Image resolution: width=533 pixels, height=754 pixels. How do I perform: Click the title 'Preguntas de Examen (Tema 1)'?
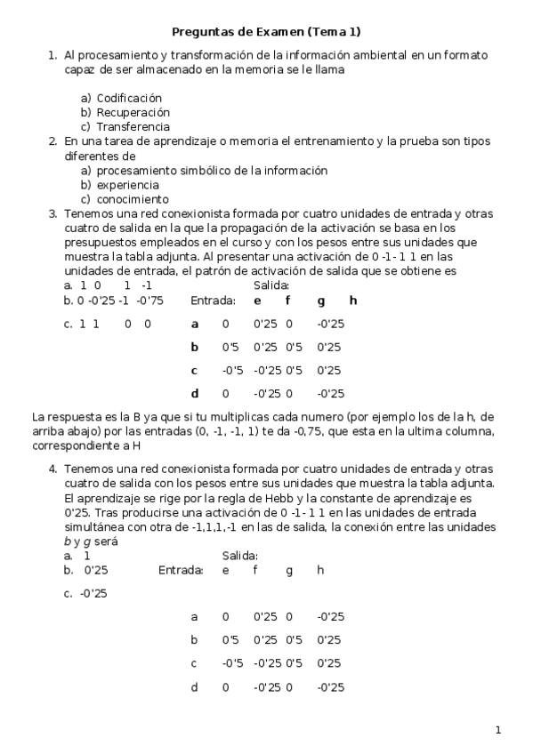pos(265,32)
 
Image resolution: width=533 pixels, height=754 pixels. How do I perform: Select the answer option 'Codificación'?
pos(129,98)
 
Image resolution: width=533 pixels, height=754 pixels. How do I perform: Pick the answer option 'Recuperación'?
pos(133,113)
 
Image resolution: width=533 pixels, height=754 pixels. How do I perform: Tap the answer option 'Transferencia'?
pos(133,127)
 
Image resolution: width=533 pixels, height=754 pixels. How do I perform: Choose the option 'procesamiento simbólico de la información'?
pos(212,171)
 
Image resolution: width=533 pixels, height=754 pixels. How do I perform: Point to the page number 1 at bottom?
pos(498,731)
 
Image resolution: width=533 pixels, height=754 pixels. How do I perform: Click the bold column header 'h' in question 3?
pos(352,301)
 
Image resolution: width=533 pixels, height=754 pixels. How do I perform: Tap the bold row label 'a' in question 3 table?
pos(194,324)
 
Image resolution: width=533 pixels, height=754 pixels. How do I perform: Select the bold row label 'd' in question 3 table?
pos(194,393)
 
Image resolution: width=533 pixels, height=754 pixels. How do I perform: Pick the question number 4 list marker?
pos(53,469)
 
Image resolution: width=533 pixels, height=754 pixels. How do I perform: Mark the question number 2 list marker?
pos(53,141)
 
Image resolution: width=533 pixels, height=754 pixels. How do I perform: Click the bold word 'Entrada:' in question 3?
pos(213,301)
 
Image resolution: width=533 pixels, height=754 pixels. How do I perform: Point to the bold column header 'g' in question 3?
pos(320,301)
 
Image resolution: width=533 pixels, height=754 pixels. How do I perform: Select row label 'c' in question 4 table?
pos(194,663)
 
